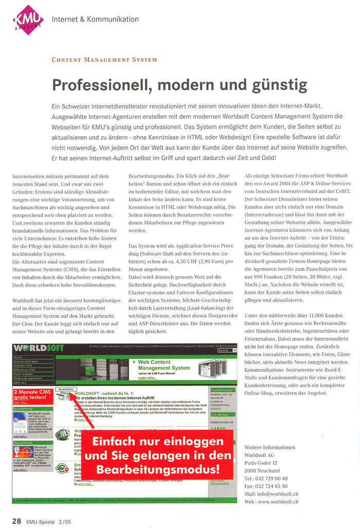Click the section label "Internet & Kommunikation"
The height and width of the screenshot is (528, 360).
click(x=95, y=19)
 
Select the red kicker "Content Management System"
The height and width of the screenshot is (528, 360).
click(x=104, y=60)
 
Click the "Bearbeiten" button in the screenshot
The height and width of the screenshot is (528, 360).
click(x=66, y=389)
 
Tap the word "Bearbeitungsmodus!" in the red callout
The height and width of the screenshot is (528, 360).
click(x=158, y=469)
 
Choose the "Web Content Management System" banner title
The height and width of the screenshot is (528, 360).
click(x=164, y=366)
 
